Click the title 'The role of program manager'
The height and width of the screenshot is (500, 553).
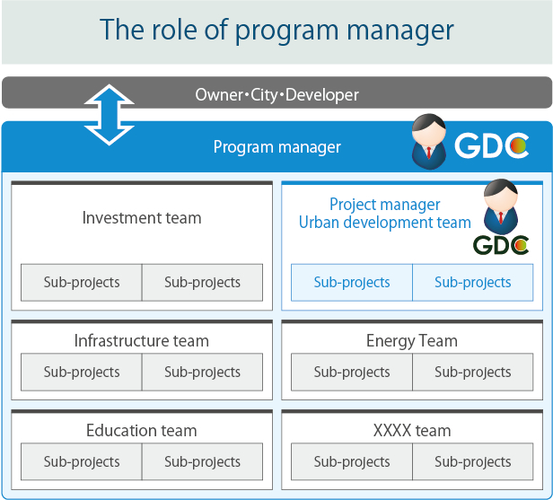(276, 31)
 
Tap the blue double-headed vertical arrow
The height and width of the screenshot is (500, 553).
(110, 115)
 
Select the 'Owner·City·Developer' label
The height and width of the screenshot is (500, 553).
(276, 95)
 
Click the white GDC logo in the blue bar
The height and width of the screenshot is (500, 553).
(492, 145)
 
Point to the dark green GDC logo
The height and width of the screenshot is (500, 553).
(501, 245)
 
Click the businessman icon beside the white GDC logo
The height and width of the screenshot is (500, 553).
(429, 142)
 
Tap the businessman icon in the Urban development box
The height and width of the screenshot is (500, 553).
(501, 206)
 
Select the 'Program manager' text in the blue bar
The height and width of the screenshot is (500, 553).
(276, 147)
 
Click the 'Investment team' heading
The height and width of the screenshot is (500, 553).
(142, 218)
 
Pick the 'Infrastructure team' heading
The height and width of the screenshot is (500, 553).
(142, 341)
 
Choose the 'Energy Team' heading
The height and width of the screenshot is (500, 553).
(412, 341)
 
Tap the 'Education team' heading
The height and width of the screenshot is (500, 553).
(142, 431)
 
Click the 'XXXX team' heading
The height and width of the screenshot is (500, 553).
(412, 431)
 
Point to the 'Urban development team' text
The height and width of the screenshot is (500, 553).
(385, 223)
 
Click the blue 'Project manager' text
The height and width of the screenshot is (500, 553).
(385, 205)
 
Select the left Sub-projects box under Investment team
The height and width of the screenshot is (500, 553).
(82, 283)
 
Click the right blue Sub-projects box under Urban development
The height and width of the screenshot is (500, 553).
(472, 283)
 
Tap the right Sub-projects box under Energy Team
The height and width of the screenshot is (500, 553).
(472, 372)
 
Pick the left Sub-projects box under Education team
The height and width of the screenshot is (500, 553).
(82, 461)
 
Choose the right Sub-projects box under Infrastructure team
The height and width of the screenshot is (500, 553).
(203, 372)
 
